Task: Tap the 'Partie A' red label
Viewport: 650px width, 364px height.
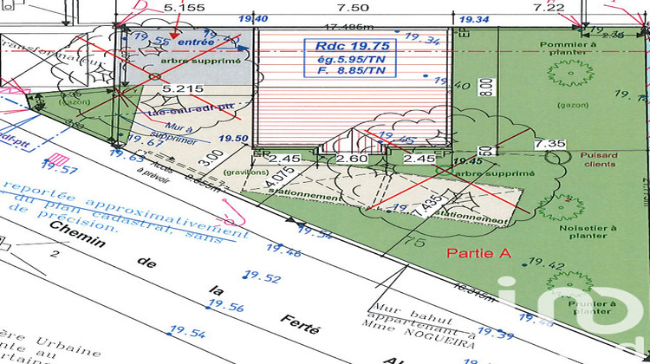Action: click(475, 253)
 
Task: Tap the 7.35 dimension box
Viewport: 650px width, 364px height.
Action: click(549, 143)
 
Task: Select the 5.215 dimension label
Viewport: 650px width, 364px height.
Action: click(178, 88)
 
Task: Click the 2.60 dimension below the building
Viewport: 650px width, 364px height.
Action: click(350, 159)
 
